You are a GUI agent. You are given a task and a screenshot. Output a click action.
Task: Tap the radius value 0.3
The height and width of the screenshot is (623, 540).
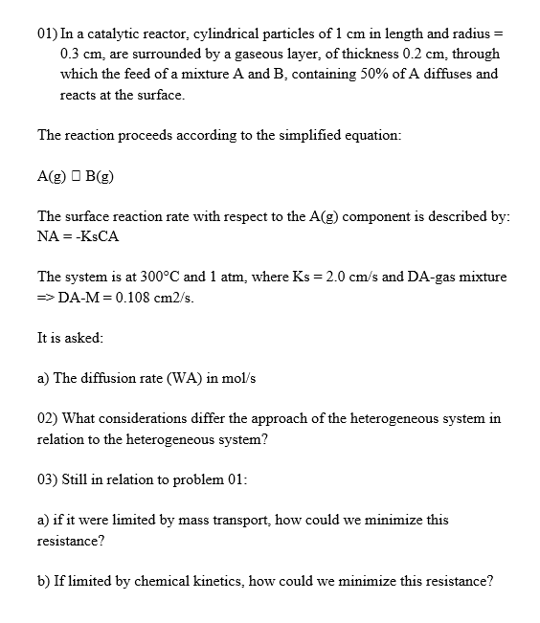point(69,55)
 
